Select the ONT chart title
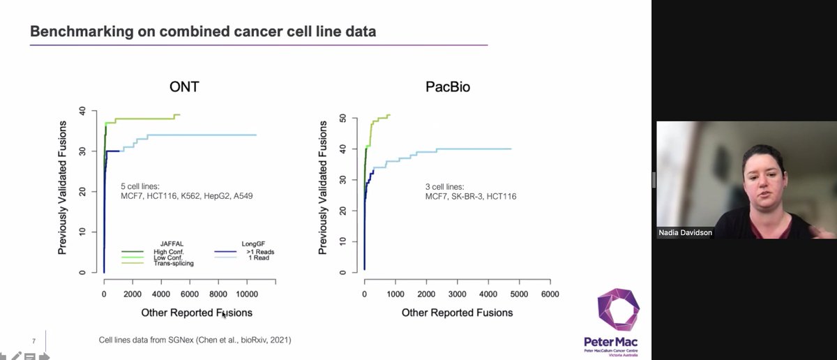[188, 89]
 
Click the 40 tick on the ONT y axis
[83, 110]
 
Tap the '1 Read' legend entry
[244, 257]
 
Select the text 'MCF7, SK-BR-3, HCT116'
[471, 196]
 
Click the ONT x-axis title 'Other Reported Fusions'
[197, 313]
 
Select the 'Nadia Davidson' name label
[686, 233]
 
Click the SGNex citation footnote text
[195, 340]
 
